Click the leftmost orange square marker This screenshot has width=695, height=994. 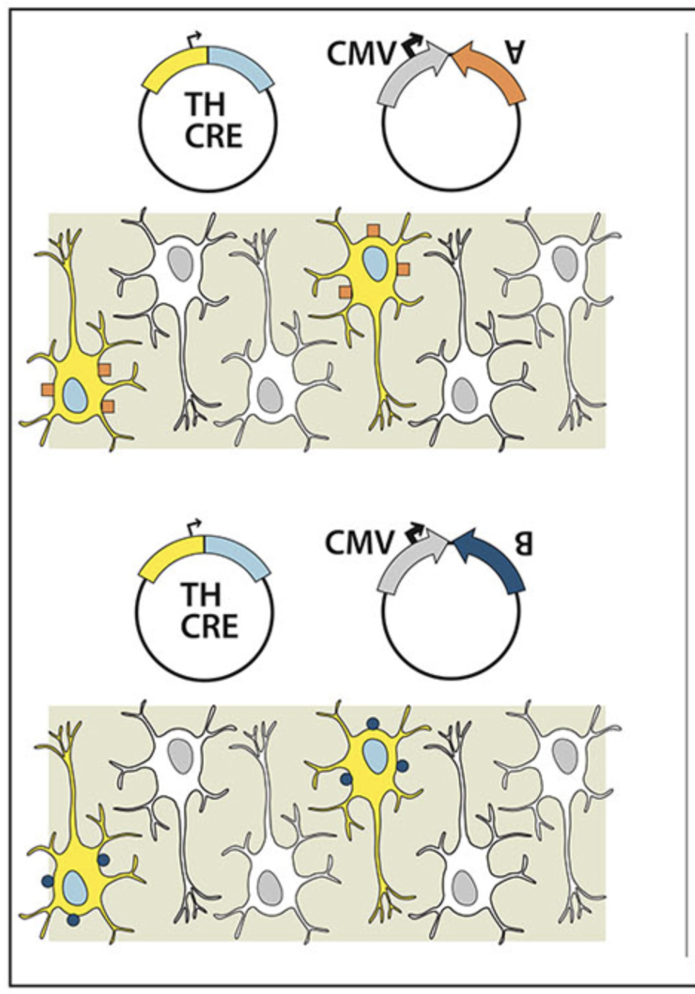48,389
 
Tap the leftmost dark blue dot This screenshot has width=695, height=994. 48,881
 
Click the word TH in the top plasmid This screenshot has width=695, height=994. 203,105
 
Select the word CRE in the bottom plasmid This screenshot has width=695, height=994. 209,628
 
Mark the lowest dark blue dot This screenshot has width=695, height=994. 73,919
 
